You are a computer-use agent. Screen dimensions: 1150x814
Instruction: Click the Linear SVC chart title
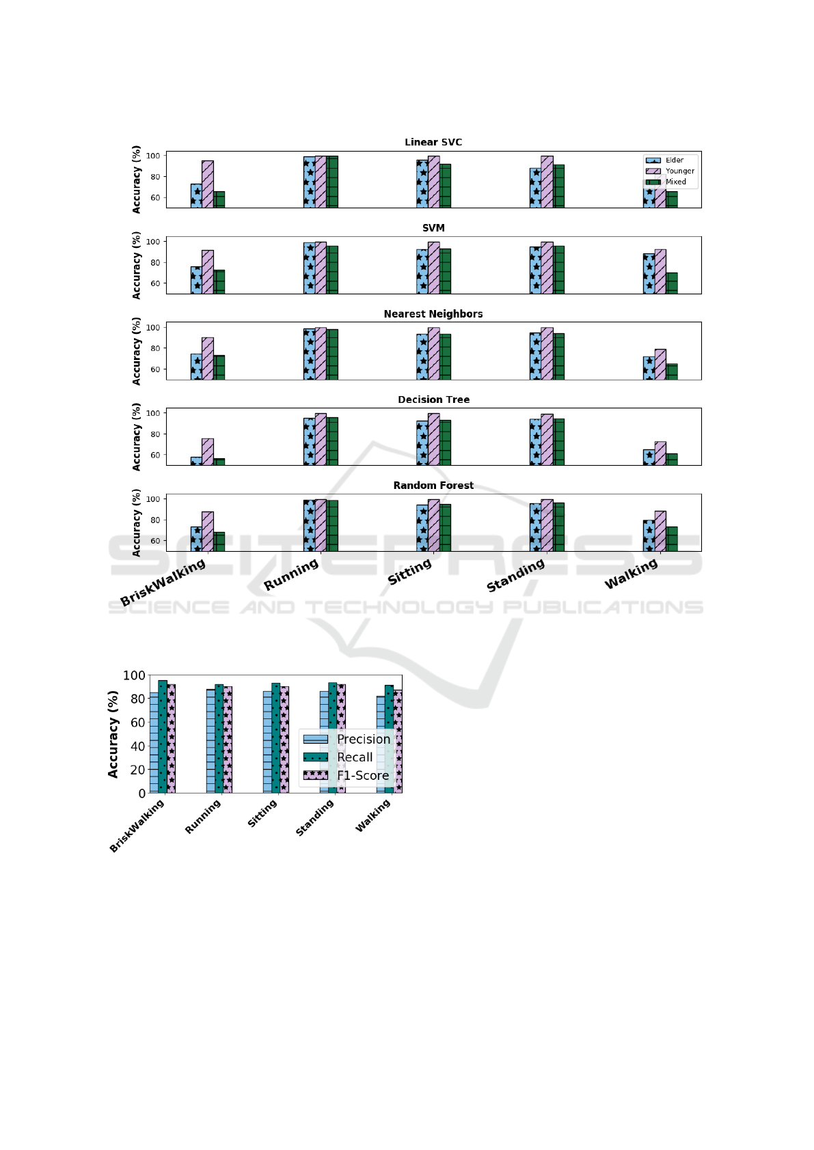tap(433, 142)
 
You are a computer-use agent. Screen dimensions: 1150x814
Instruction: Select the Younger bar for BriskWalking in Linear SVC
tap(208, 184)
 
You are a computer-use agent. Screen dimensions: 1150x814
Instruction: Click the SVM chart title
tap(433, 228)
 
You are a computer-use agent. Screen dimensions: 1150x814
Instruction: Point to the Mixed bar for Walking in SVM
tap(672, 283)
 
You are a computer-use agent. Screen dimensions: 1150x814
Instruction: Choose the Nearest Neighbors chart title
tap(433, 314)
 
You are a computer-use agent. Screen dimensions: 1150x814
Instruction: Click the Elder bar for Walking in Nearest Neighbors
tap(649, 368)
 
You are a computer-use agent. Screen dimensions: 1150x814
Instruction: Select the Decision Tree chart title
tap(433, 399)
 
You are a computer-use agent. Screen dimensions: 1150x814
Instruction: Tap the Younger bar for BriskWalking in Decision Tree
tap(208, 451)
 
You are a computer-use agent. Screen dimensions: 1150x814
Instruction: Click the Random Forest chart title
tap(433, 486)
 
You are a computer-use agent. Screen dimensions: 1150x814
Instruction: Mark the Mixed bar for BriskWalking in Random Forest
tap(219, 542)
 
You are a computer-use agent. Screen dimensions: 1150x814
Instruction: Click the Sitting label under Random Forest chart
tap(410, 572)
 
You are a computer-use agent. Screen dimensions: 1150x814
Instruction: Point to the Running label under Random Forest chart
tap(292, 574)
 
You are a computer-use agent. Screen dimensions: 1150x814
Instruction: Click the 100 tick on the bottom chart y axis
tap(134, 675)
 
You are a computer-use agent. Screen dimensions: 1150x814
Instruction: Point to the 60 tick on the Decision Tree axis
tap(154, 455)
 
